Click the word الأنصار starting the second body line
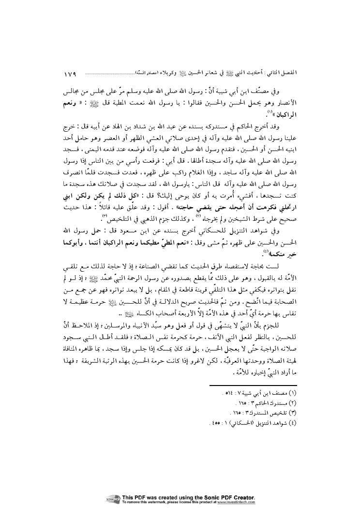point(289,103)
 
